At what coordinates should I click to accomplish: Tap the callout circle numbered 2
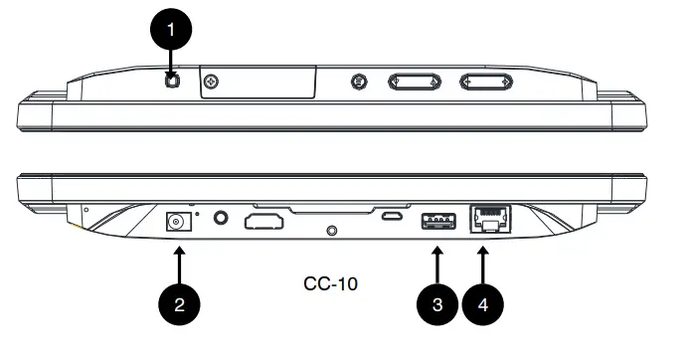click(180, 304)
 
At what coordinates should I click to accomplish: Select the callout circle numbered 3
click(436, 304)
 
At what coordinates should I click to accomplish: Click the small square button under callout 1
click(172, 81)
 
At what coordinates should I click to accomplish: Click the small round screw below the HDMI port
click(332, 232)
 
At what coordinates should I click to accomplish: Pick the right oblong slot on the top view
click(486, 83)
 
